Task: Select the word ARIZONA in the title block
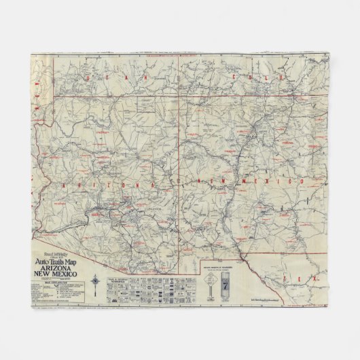pyautogui.click(x=55, y=269)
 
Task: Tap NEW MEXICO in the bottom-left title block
pyautogui.click(x=55, y=274)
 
